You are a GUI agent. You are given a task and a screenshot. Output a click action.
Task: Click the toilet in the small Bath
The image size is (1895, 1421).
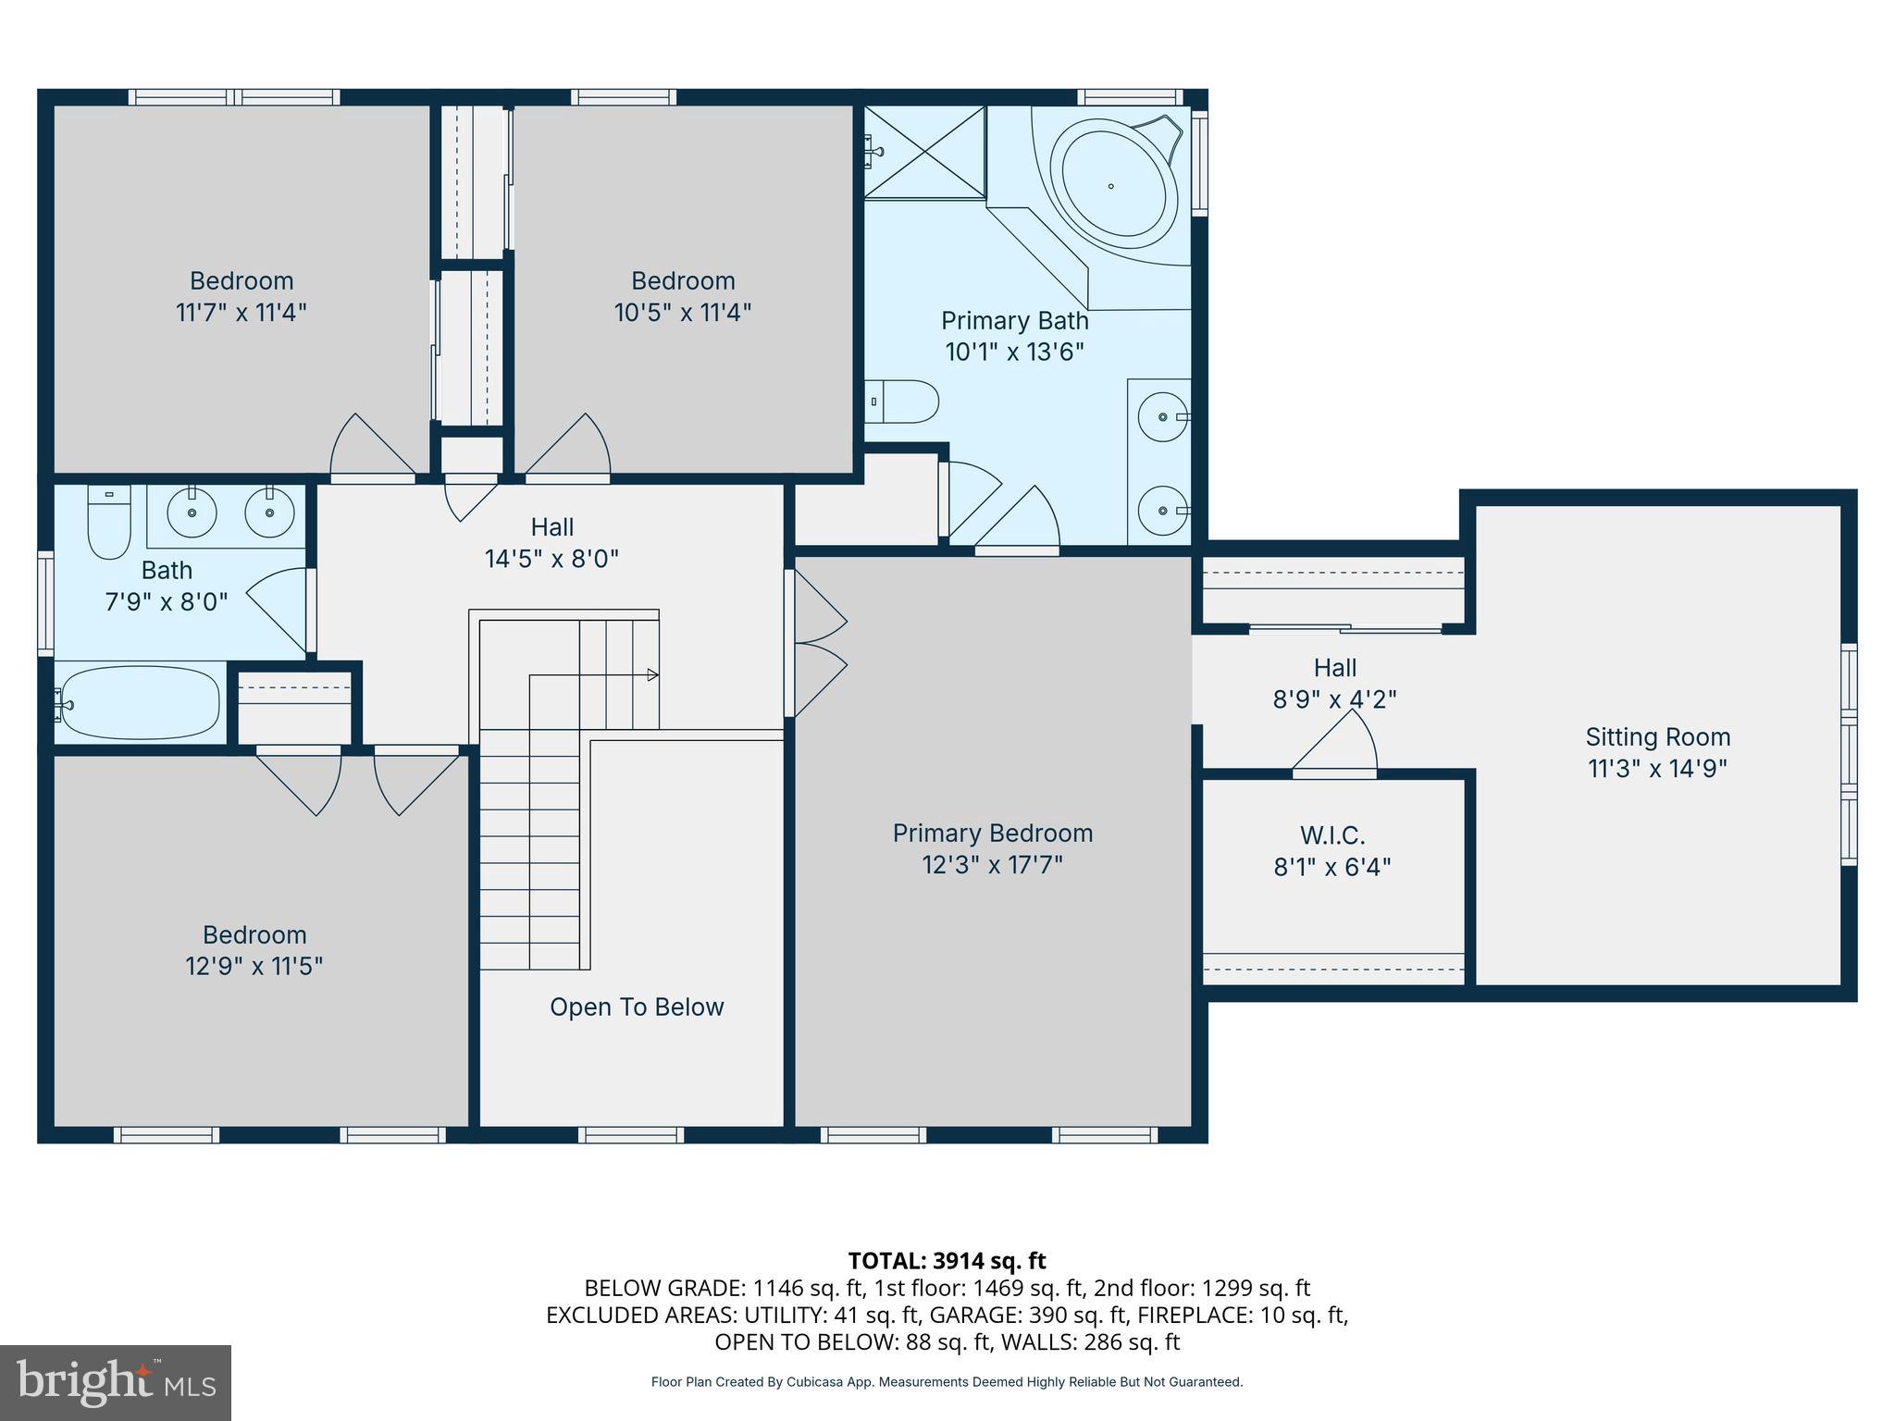[108, 524]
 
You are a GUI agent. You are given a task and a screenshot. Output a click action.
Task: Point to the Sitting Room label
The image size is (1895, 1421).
[1657, 737]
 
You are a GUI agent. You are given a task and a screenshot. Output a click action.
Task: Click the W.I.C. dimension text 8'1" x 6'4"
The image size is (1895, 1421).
[1332, 867]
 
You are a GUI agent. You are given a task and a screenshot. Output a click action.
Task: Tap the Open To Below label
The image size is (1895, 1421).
[637, 1007]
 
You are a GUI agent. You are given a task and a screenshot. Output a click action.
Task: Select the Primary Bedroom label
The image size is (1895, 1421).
[992, 834]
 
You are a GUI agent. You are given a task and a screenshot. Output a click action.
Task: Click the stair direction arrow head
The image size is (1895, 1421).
[653, 674]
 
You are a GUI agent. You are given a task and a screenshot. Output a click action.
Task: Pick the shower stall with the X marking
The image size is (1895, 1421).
[924, 152]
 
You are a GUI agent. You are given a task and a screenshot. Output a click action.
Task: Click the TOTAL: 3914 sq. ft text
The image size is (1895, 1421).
[947, 1260]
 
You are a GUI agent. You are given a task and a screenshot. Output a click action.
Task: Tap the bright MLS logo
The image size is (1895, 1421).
[116, 1382]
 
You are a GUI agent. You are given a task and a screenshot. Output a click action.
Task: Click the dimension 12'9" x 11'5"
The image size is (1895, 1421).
[254, 966]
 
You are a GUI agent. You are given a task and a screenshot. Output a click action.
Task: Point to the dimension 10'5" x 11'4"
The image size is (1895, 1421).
[683, 312]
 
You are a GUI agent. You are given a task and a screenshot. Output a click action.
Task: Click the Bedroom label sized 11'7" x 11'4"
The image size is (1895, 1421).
[242, 281]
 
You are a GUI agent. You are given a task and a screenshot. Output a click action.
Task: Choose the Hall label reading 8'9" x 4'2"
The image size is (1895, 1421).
[1334, 683]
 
